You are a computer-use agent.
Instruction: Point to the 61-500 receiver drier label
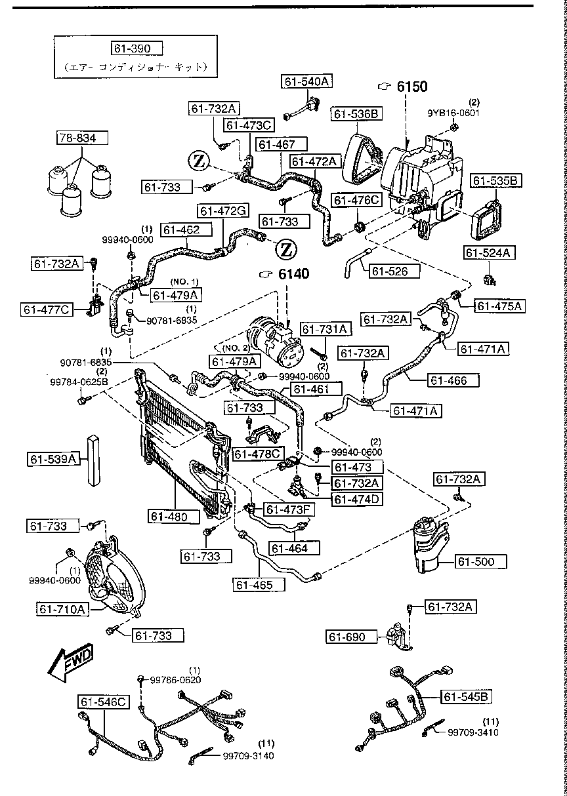coord(481,561)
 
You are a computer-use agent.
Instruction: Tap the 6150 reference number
coord(411,87)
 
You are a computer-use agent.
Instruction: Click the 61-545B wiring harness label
coord(467,696)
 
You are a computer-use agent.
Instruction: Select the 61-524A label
coord(490,252)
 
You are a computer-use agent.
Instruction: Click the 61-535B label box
coord(496,180)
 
